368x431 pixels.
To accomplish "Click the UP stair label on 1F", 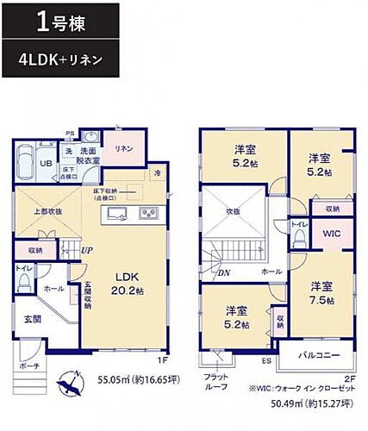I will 87,249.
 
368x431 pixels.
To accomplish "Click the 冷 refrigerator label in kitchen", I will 156,172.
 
